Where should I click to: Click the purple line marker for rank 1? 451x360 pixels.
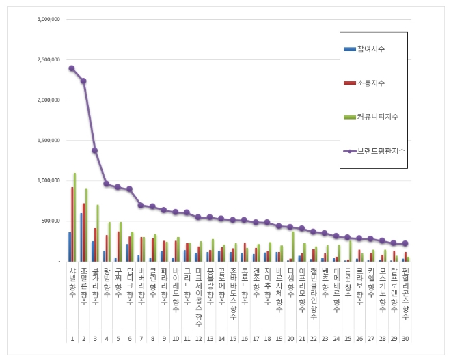pyautogui.click(x=72, y=68)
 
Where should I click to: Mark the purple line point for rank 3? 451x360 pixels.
pyautogui.click(x=94, y=150)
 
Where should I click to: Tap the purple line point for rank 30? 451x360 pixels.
pyautogui.click(x=405, y=243)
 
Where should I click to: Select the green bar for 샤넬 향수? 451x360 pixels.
pyautogui.click(x=74, y=217)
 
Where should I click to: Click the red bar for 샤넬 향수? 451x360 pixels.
pyautogui.click(x=72, y=224)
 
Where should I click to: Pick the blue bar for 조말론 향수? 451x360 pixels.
pyautogui.click(x=81, y=237)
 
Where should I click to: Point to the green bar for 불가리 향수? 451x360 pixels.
pyautogui.click(x=98, y=233)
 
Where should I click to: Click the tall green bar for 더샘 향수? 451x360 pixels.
pyautogui.click(x=292, y=246)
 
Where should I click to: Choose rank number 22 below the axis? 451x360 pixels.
pyautogui.click(x=313, y=338)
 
